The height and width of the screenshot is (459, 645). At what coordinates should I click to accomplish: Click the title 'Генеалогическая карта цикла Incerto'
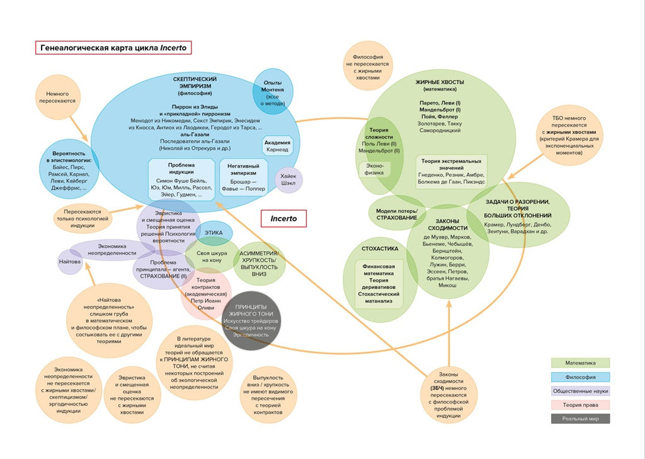coord(113,48)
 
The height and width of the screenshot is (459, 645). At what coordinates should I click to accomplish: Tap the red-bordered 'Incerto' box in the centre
coord(283,218)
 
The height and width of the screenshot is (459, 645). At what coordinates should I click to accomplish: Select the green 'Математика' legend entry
coord(580,363)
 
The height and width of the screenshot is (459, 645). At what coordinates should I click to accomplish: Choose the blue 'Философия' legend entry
coord(580,377)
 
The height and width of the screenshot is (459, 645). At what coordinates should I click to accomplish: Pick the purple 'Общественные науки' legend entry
coord(580,391)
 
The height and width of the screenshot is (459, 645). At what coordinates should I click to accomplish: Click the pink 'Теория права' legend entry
coord(580,405)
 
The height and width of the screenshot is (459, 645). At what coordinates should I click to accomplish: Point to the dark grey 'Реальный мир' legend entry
coord(580,419)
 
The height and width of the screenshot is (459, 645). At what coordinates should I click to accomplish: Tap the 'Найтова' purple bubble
coord(70,261)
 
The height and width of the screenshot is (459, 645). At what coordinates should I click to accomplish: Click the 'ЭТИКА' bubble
coord(214,233)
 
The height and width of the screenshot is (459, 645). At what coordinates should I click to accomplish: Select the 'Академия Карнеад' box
coord(277,146)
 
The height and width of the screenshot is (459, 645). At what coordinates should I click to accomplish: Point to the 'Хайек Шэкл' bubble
coord(289,180)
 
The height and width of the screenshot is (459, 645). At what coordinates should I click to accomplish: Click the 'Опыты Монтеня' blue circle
coord(273,91)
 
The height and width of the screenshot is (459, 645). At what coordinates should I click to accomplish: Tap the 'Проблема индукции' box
coord(181,180)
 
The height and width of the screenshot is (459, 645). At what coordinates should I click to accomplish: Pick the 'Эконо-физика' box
coord(374,169)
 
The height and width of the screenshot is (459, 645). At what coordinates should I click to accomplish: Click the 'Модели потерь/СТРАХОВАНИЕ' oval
coord(397,214)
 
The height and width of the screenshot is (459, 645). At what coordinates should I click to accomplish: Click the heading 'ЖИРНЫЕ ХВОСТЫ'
coord(440,82)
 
